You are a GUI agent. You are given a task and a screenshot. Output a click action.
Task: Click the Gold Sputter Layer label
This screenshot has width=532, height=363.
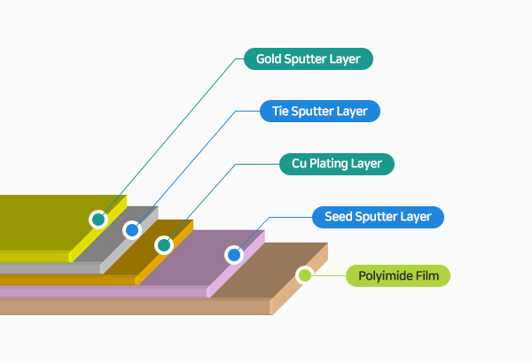pyautogui.click(x=308, y=59)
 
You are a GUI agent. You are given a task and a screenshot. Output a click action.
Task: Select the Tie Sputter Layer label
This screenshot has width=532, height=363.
pyautogui.click(x=320, y=112)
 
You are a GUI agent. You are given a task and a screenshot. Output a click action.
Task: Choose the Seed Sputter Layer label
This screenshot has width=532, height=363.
pyautogui.click(x=378, y=216)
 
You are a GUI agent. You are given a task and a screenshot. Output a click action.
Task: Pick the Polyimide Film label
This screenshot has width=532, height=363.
pyautogui.click(x=398, y=275)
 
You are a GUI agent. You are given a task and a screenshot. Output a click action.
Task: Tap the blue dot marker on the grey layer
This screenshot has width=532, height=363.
pyautogui.click(x=131, y=230)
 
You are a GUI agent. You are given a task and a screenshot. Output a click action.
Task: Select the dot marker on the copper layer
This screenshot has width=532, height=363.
pyautogui.click(x=163, y=243)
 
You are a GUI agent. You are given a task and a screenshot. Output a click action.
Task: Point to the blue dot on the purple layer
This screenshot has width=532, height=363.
pyautogui.click(x=234, y=255)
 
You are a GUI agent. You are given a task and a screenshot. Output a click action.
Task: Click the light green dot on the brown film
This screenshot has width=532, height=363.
pyautogui.click(x=305, y=275)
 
